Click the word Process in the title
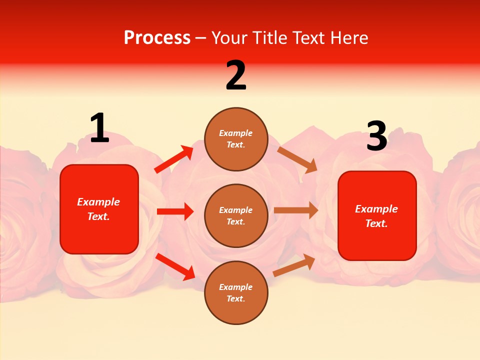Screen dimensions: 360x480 coord(157,38)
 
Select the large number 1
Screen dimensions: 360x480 coord(99,128)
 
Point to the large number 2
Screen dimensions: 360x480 coord(236,76)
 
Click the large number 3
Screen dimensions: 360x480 coord(376,136)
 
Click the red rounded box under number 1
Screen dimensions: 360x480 coord(99,209)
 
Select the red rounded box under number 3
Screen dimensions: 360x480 coord(377,216)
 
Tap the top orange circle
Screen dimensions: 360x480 coord(236,139)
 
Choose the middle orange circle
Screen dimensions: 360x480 coord(236,216)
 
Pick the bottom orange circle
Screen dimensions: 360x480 coord(236,292)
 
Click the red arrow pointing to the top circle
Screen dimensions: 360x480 coord(174,159)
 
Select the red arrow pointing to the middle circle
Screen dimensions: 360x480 coord(175,211)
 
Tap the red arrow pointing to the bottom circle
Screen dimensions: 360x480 coord(175,266)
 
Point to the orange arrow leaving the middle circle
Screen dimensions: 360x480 coord(296,210)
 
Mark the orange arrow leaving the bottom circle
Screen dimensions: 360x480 coord(294,265)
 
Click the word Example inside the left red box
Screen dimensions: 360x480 coord(98,202)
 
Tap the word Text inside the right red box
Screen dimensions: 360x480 coord(376,223)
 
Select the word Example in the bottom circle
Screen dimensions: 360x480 coord(236,287)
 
